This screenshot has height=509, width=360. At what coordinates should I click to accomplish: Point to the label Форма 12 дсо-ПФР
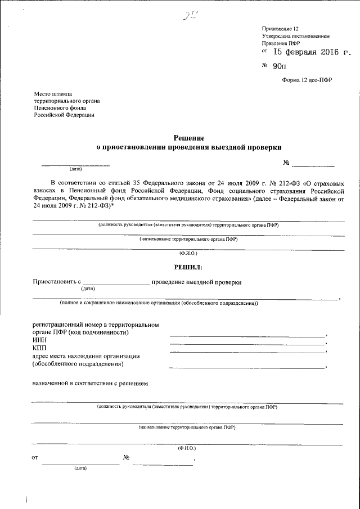[x=307, y=80]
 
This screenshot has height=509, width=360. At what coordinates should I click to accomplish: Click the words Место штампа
[x=53, y=94]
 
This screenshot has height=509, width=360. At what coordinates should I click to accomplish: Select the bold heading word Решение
[x=188, y=138]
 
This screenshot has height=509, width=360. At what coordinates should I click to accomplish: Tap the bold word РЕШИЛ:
[x=188, y=267]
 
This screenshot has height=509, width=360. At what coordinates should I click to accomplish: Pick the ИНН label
[x=40, y=340]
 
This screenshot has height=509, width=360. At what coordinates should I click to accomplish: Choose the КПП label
[x=40, y=348]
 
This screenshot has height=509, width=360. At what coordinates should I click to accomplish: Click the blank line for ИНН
[x=247, y=344]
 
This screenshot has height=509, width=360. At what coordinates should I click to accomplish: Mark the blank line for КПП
[x=247, y=352]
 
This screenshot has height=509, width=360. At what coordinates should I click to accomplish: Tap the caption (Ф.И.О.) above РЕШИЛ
[x=187, y=254]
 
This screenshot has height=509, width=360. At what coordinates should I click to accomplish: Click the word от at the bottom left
[x=35, y=458]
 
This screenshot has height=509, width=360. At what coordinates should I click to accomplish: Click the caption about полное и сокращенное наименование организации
[x=159, y=303]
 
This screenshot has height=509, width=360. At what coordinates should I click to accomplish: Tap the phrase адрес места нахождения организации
[x=86, y=356]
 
